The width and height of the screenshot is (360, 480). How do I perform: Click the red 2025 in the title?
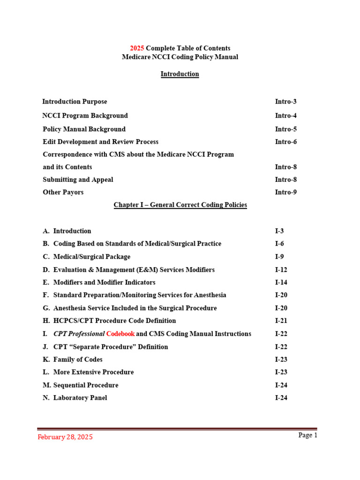(x=137, y=48)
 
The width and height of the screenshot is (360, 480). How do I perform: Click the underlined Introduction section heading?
(x=180, y=74)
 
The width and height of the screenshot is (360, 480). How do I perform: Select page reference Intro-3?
(x=285, y=102)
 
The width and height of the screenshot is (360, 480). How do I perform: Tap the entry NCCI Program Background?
(x=85, y=116)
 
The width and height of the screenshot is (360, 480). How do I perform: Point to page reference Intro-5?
(x=285, y=129)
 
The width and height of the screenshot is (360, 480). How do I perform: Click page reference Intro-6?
(x=285, y=142)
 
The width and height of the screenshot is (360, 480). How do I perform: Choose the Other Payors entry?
(x=63, y=192)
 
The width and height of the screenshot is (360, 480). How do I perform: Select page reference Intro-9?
(x=285, y=192)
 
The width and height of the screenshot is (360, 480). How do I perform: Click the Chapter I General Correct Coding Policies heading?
(x=180, y=205)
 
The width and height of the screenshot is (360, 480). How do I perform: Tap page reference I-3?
(x=279, y=231)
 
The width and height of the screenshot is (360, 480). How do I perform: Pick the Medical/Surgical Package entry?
(x=92, y=257)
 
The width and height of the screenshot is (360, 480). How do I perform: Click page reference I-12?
(x=281, y=270)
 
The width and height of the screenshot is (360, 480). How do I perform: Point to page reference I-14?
(x=281, y=283)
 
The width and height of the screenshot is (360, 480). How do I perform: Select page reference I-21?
(x=281, y=321)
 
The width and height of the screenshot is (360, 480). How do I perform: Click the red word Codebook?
(x=120, y=334)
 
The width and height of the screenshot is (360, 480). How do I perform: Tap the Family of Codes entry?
(x=78, y=360)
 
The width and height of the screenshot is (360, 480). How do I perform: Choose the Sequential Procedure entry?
(x=86, y=385)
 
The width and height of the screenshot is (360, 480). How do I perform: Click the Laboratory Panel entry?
(x=80, y=398)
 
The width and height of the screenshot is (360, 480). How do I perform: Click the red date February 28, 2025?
(x=65, y=437)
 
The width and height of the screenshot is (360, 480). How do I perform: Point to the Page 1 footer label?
(x=308, y=435)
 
